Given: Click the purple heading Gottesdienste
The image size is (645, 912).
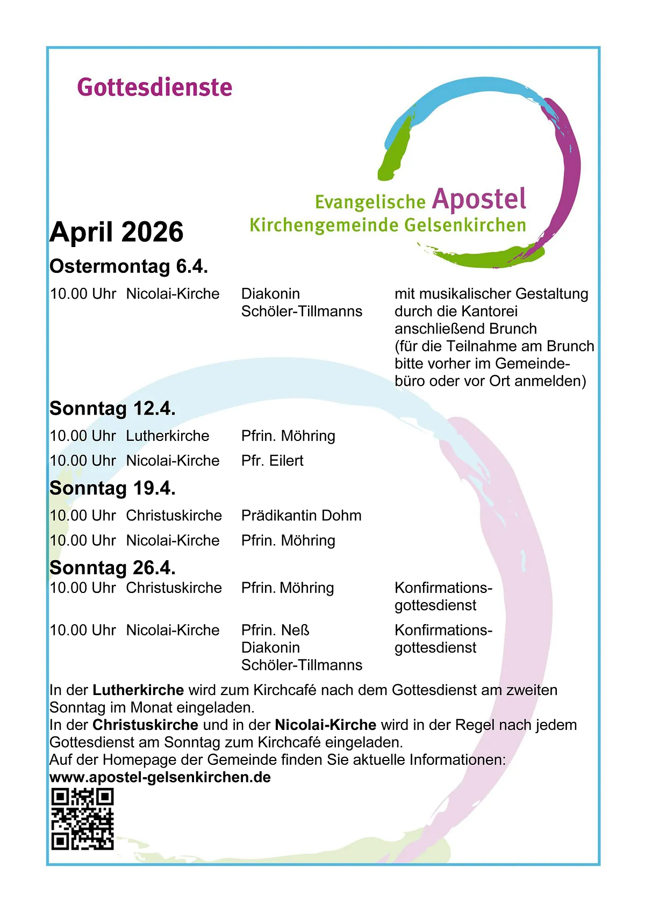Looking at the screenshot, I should [x=154, y=88].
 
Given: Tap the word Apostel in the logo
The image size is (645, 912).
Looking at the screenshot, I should [x=479, y=199].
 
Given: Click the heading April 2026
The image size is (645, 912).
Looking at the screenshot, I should [x=117, y=232].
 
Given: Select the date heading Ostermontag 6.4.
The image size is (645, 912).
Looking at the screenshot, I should [x=128, y=266].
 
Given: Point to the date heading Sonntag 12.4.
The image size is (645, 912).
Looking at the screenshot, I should [x=112, y=409].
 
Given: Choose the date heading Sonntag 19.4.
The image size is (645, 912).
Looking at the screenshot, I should [x=112, y=488].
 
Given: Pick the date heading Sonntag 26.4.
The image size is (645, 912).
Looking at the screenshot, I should [x=112, y=568].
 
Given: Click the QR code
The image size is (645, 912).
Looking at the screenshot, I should [x=82, y=819].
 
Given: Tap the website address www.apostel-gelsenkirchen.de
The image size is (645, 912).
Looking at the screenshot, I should [x=160, y=777].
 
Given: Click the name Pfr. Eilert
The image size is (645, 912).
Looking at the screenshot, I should [x=272, y=461].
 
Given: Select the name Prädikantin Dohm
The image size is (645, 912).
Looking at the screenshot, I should [x=301, y=516].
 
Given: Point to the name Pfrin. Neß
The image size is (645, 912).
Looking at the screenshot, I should [x=275, y=630].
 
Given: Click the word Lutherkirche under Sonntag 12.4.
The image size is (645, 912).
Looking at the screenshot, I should [x=167, y=436].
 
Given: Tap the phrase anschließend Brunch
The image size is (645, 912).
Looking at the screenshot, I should [x=465, y=329].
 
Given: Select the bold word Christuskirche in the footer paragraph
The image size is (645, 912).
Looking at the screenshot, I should [x=145, y=725].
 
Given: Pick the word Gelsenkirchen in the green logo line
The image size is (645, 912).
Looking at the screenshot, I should [x=465, y=225].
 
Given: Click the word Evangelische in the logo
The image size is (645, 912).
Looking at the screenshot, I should [x=370, y=202].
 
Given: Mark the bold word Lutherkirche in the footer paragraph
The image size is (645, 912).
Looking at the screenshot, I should [x=138, y=690].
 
